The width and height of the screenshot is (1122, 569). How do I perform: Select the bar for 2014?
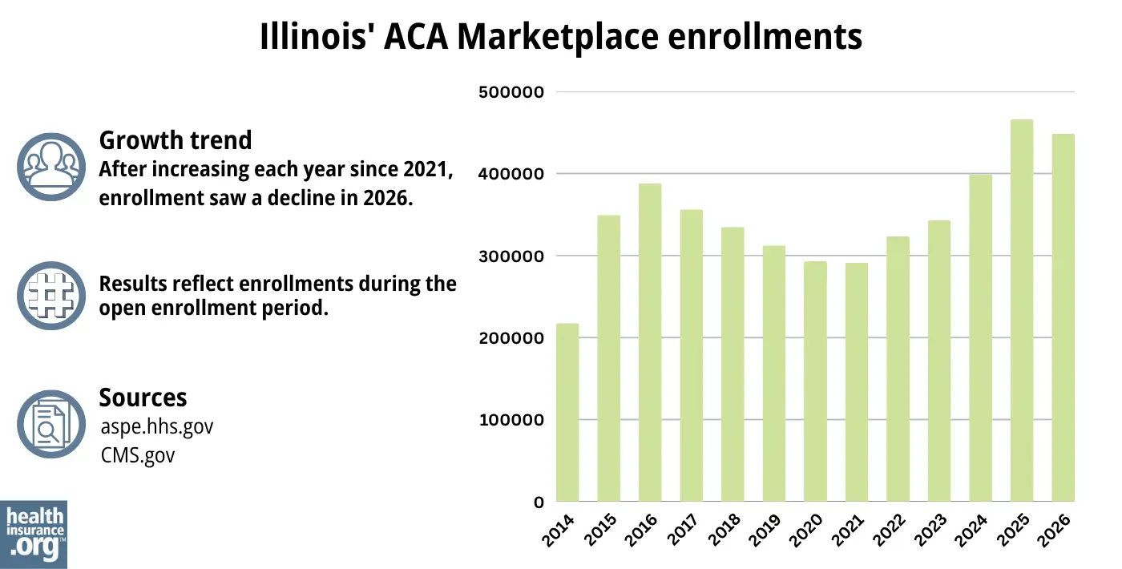click(x=567, y=413)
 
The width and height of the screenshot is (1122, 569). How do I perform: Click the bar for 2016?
click(x=650, y=343)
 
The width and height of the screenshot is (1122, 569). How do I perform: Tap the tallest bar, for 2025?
click(x=1022, y=311)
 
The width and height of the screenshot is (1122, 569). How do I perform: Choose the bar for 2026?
click(x=1063, y=318)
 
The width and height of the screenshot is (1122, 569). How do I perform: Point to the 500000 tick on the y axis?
click(x=511, y=92)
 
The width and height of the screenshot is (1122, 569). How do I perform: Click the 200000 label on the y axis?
click(x=511, y=338)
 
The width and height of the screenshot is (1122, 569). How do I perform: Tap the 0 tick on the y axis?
click(x=539, y=502)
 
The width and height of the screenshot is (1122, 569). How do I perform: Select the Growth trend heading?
click(x=175, y=140)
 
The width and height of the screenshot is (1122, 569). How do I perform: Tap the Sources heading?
click(x=143, y=397)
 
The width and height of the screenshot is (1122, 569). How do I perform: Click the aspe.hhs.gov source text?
click(x=157, y=426)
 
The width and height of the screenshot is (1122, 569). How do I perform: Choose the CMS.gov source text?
click(x=137, y=455)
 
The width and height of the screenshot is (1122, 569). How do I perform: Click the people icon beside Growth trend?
click(x=50, y=166)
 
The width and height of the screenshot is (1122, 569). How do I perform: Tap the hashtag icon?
click(x=50, y=296)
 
